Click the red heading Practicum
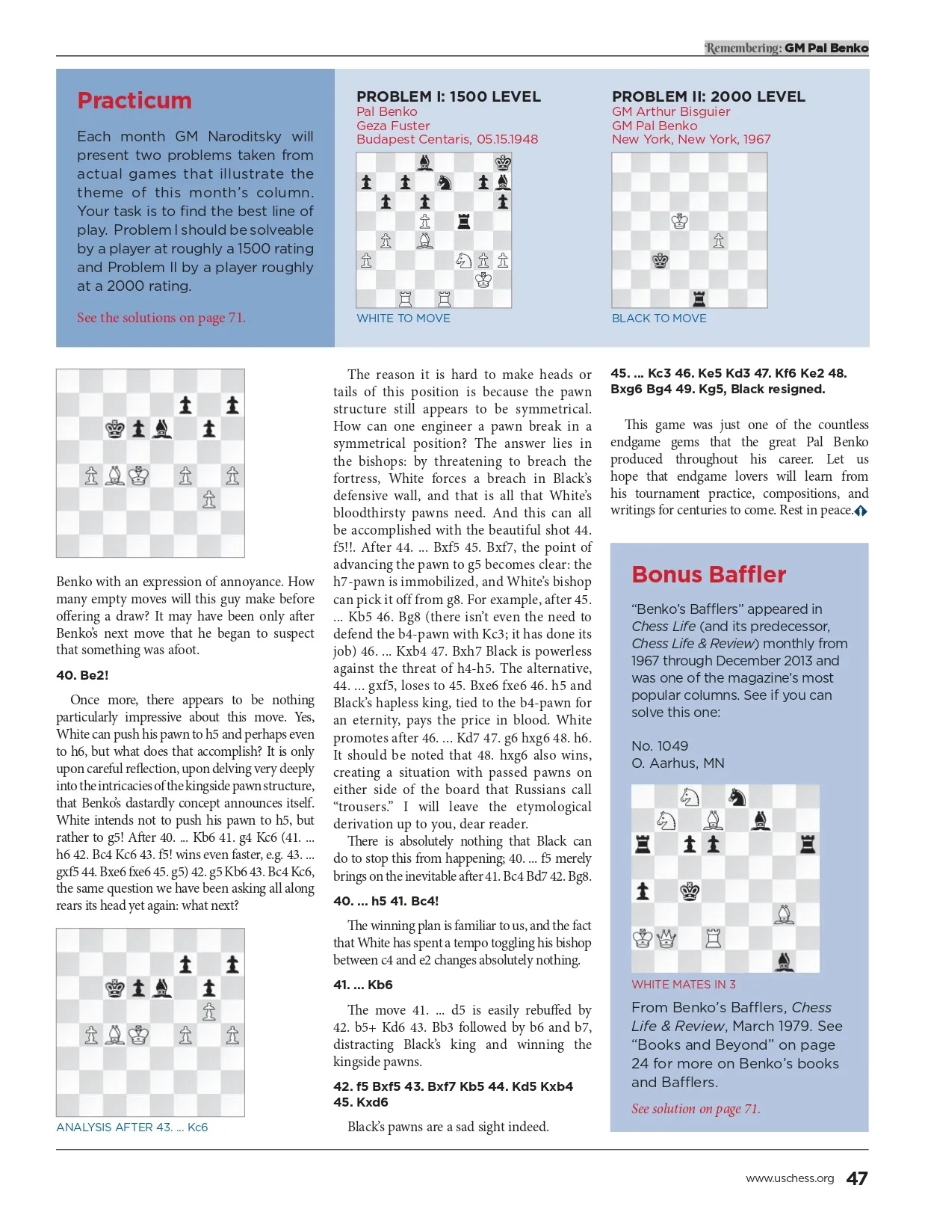click(134, 101)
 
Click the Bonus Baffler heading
click(708, 574)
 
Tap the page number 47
click(856, 1178)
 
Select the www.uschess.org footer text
click(790, 1178)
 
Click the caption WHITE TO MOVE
click(403, 319)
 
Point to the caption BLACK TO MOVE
click(659, 319)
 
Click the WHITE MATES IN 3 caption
click(684, 985)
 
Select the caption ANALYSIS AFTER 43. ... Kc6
click(132, 1127)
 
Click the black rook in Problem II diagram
click(699, 298)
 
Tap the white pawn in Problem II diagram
click(719, 241)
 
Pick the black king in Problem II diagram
click(661, 260)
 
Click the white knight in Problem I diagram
click(464, 260)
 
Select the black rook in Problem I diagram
click(464, 221)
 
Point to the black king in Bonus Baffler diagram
click(690, 891)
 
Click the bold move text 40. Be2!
click(82, 675)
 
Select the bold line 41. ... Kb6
click(363, 985)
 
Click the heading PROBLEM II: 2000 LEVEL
click(708, 96)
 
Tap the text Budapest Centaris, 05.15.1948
click(447, 139)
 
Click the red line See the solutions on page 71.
click(161, 318)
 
